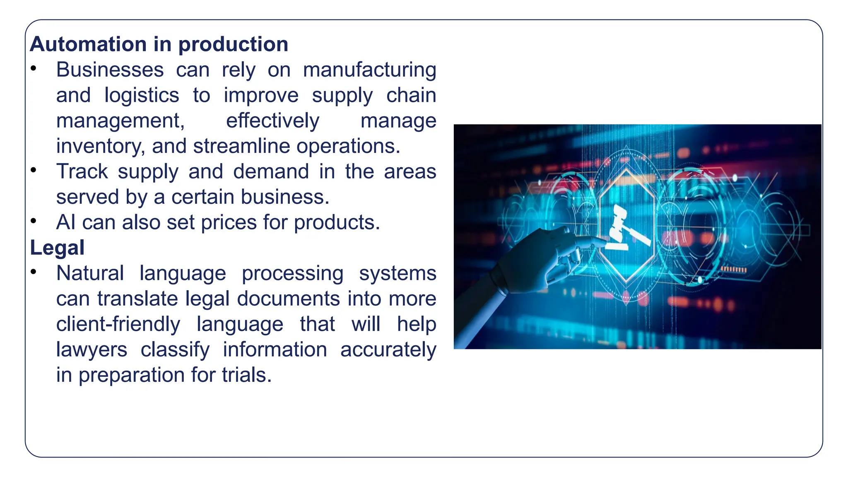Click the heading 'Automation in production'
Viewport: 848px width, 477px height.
pyautogui.click(x=159, y=44)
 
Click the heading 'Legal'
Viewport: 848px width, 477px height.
pyautogui.click(x=57, y=248)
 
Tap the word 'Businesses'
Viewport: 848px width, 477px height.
pyautogui.click(x=110, y=70)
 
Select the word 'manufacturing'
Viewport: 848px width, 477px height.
pyautogui.click(x=369, y=70)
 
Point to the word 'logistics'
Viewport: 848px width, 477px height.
pyautogui.click(x=142, y=95)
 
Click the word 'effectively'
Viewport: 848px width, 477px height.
pyautogui.click(x=272, y=121)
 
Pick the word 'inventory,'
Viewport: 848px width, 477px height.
pyautogui.click(x=101, y=146)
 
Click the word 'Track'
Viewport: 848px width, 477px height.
pyautogui.click(x=82, y=171)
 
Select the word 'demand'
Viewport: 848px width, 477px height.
pyautogui.click(x=271, y=171)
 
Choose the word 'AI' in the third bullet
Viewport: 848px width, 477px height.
pyautogui.click(x=66, y=222)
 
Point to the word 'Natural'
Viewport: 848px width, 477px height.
pyautogui.click(x=90, y=273)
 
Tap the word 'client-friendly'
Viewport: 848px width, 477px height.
pyautogui.click(x=118, y=324)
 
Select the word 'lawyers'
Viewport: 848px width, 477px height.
pyautogui.click(x=92, y=350)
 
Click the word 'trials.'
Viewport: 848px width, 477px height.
pyautogui.click(x=247, y=375)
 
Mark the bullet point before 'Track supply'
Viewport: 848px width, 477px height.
pyautogui.click(x=34, y=170)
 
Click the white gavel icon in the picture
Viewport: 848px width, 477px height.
pyautogui.click(x=624, y=230)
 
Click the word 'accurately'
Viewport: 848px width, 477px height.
pyautogui.click(x=388, y=350)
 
